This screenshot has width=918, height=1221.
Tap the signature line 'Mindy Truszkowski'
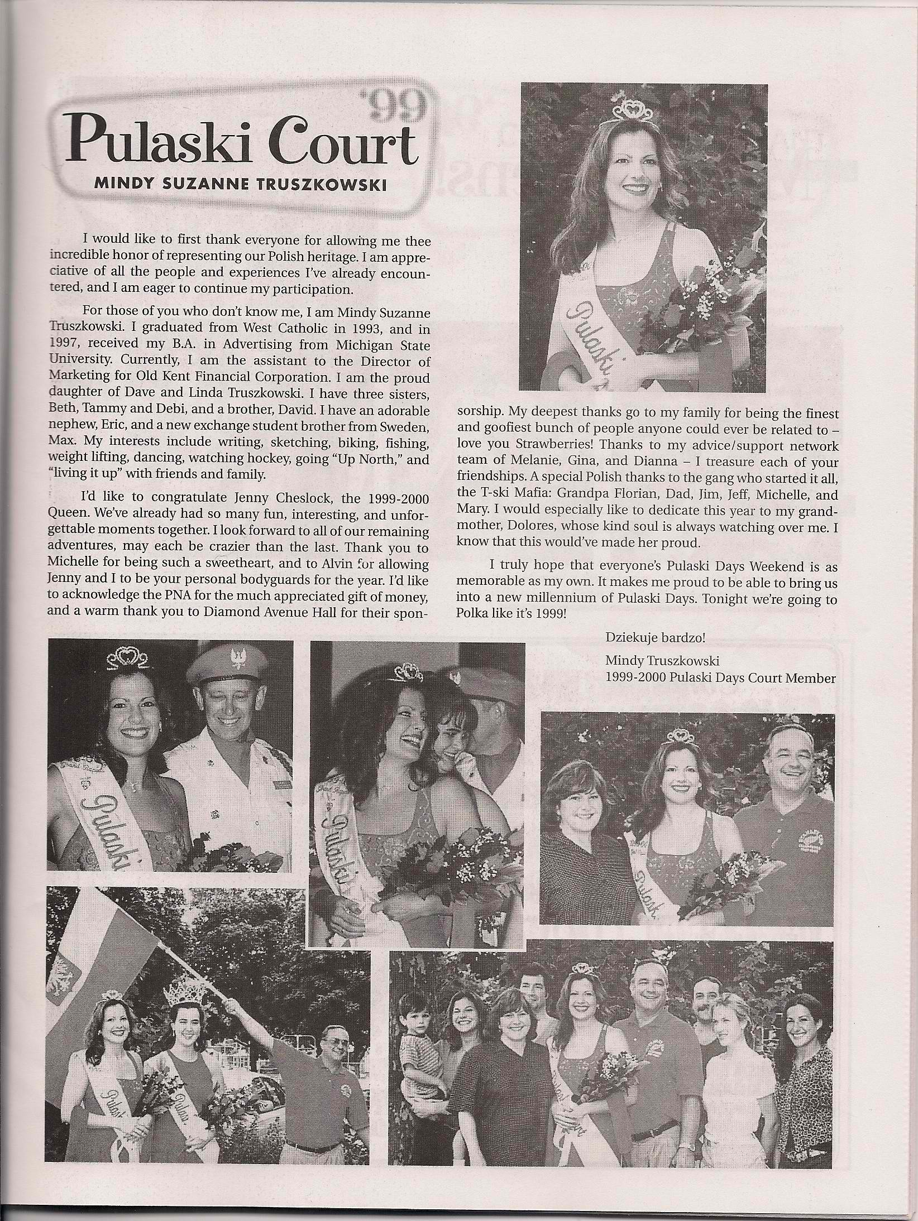pyautogui.click(x=662, y=661)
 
